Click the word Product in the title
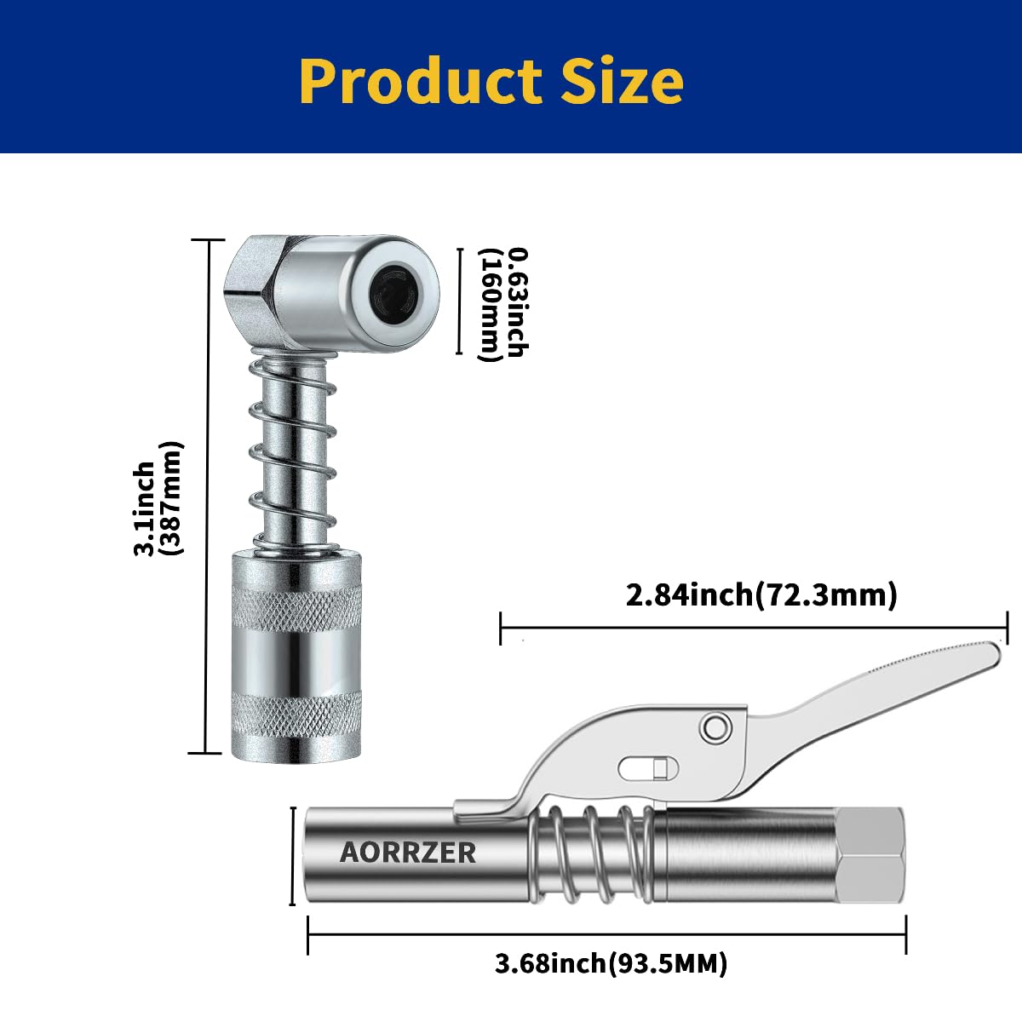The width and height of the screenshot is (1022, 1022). (421, 81)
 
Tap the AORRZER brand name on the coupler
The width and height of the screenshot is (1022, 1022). (408, 852)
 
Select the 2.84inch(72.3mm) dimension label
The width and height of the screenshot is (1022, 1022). (761, 594)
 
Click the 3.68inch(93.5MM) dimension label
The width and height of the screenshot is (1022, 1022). (611, 964)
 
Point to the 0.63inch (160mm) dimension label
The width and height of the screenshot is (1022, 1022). (503, 304)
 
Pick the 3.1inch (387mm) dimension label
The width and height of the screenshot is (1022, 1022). (158, 499)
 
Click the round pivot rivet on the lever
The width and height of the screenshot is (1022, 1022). (714, 726)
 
